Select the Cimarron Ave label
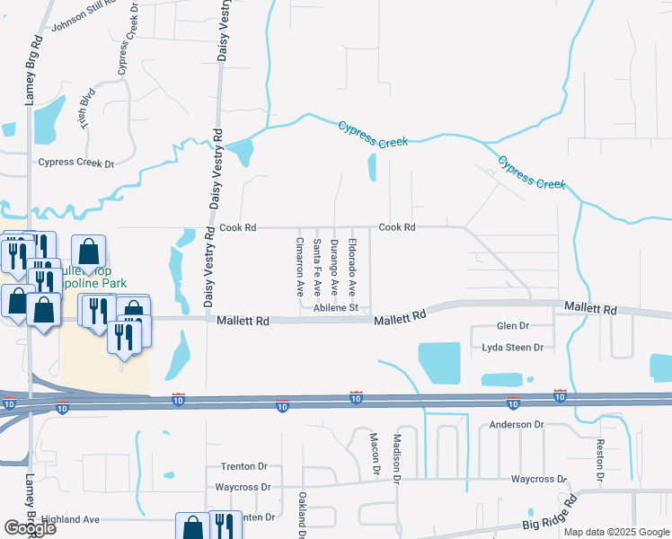pyautogui.click(x=300, y=267)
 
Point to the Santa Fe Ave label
pyautogui.click(x=317, y=268)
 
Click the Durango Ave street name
pyautogui.click(x=334, y=267)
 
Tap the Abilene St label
pyautogui.click(x=336, y=308)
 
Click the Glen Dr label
pyautogui.click(x=513, y=326)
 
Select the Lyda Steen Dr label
pyautogui.click(x=513, y=347)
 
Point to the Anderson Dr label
pyautogui.click(x=517, y=423)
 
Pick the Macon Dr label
pyautogui.click(x=376, y=454)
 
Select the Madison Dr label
pyautogui.click(x=396, y=459)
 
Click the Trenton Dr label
pyautogui.click(x=244, y=467)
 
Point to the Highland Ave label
pyautogui.click(x=70, y=519)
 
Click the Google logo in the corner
pyautogui.click(x=30, y=528)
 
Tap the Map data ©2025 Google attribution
pyautogui.click(x=615, y=532)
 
